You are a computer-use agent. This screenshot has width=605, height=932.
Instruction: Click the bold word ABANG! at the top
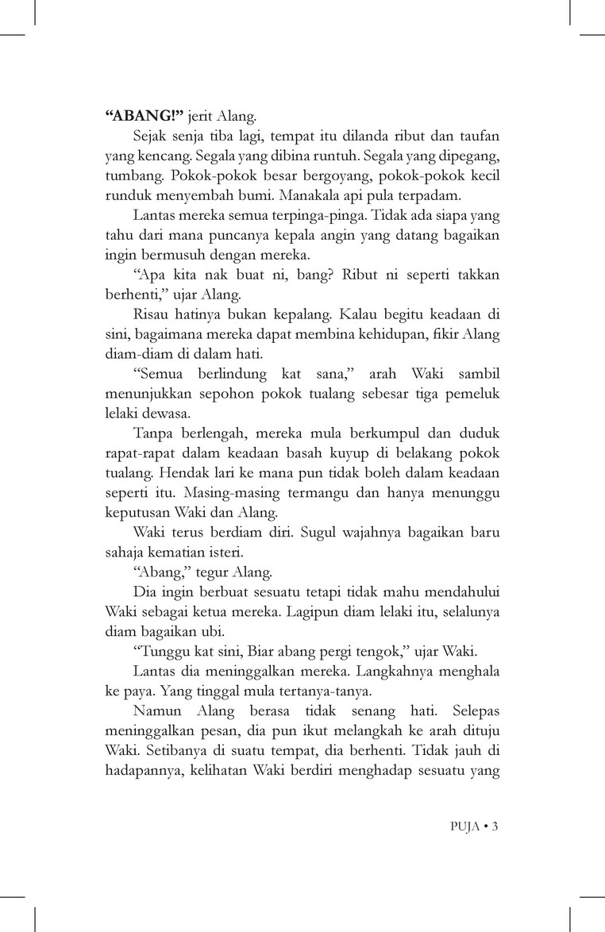click(x=138, y=115)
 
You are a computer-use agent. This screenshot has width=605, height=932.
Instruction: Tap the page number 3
click(x=494, y=826)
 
